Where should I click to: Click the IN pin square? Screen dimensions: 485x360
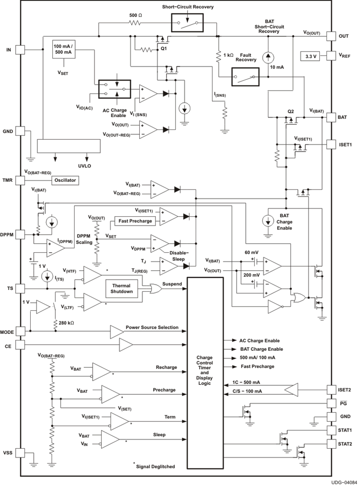pyautogui.click(x=20, y=49)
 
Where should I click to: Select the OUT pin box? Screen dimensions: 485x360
pyautogui.click(x=331, y=36)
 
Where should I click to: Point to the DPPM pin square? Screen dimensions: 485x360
pyautogui.click(x=20, y=234)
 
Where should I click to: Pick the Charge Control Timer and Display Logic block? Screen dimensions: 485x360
pyautogui.click(x=205, y=374)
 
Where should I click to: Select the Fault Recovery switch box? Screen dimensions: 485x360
pyautogui.click(x=246, y=76)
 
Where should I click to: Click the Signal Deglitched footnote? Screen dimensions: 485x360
pyautogui.click(x=154, y=466)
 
